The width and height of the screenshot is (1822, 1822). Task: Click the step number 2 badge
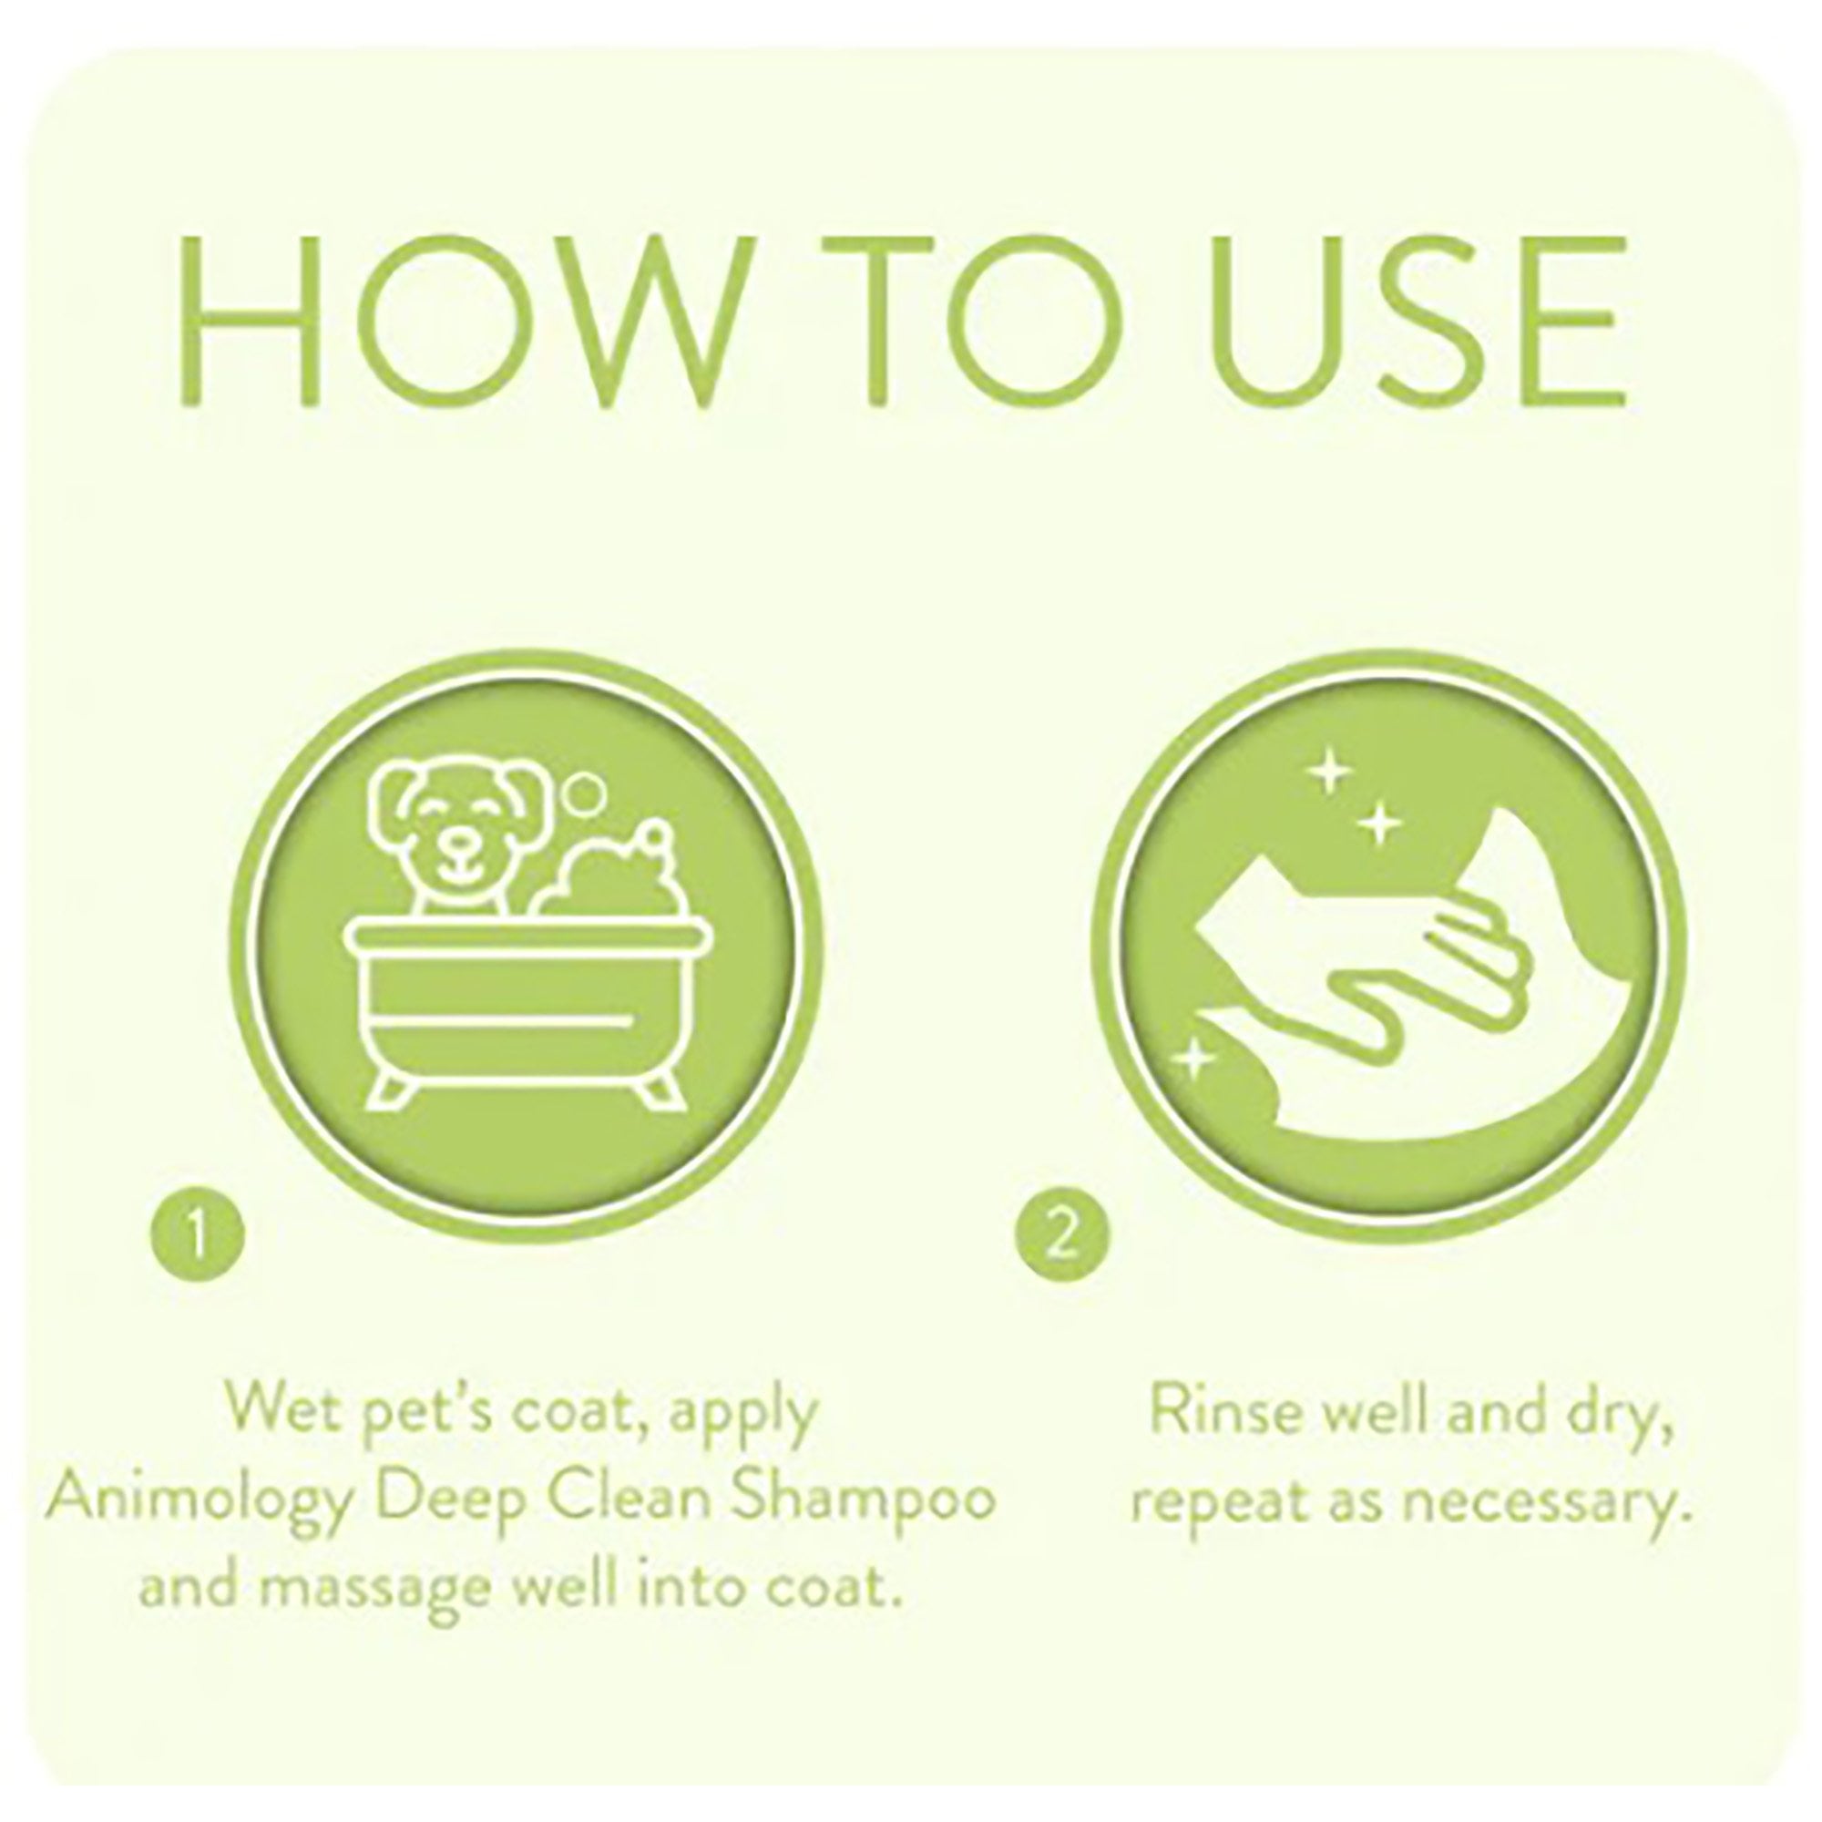click(x=1063, y=1234)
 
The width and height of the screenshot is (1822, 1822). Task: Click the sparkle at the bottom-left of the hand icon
click(x=1194, y=1059)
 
